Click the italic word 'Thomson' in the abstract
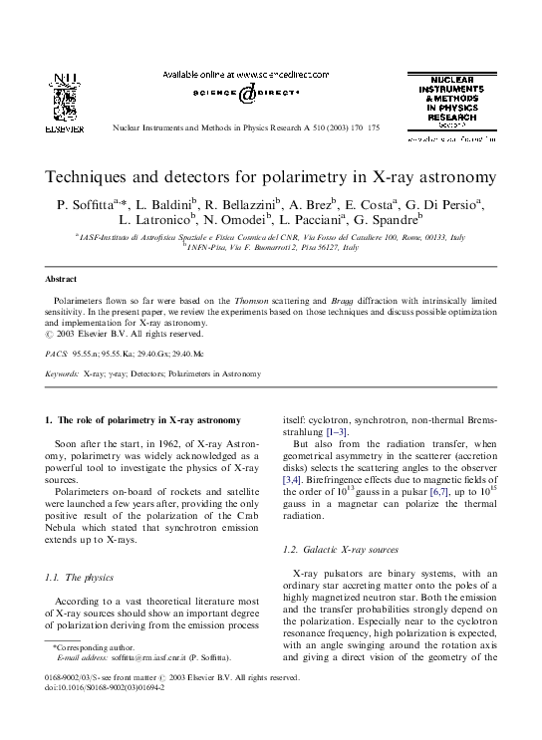tap(255, 299)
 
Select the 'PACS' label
tap(56, 353)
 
